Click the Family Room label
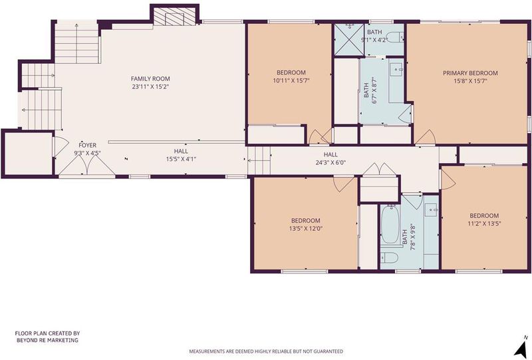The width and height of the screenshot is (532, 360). tap(150, 79)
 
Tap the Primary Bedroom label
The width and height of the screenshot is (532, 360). tap(470, 73)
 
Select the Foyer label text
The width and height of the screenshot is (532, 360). tap(88, 145)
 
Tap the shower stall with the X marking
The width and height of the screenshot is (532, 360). tap(349, 40)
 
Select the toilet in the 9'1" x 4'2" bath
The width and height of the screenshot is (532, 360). tap(394, 37)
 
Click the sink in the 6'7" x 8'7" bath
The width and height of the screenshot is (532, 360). tap(396, 69)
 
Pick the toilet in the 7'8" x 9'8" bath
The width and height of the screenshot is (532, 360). tap(389, 258)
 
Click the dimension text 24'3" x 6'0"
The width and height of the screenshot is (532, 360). tap(331, 162)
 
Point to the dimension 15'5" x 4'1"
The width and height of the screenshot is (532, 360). tap(181, 159)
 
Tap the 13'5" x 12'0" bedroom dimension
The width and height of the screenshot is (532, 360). tap(306, 228)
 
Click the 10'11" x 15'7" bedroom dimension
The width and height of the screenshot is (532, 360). tap(291, 81)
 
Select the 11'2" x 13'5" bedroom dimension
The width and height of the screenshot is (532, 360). tap(484, 224)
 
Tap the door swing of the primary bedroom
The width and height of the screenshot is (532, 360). tap(426, 137)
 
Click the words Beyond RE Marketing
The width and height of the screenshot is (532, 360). tap(47, 340)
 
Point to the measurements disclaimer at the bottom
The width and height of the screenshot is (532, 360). tap(266, 351)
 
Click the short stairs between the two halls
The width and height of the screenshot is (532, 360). tap(259, 160)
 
